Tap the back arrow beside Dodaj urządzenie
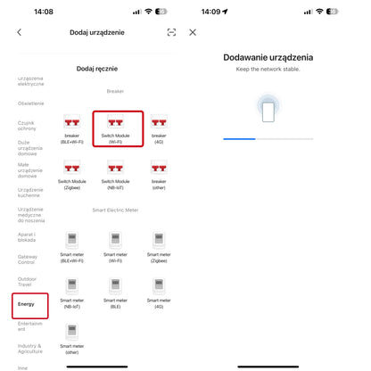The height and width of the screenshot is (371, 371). click(x=20, y=32)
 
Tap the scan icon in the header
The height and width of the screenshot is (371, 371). click(x=171, y=32)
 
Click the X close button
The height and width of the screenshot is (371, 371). click(x=193, y=32)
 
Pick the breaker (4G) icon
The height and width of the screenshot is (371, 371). click(x=159, y=121)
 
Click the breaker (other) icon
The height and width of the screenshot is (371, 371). click(x=159, y=167)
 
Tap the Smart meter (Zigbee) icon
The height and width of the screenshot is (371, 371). click(x=159, y=241)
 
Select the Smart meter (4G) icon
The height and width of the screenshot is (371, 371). click(x=159, y=285)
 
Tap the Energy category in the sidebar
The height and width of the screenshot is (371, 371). click(x=27, y=304)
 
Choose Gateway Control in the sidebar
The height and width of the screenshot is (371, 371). click(x=28, y=260)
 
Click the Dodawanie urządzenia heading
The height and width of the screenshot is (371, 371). click(x=268, y=58)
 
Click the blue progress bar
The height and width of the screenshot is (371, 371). click(x=239, y=139)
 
